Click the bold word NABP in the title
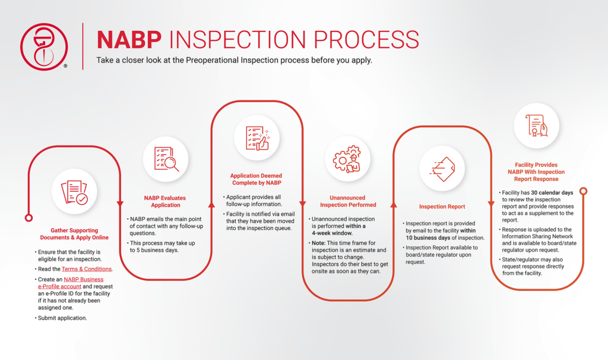point(129,39)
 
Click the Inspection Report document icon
point(442,169)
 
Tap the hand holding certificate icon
point(536,126)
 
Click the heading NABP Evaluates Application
point(165,201)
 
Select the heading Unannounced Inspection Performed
point(348,201)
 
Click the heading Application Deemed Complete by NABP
point(256,179)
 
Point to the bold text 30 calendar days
point(554,192)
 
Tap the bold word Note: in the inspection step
point(319,244)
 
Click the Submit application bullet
point(62,318)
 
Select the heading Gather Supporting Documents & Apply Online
point(74,233)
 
